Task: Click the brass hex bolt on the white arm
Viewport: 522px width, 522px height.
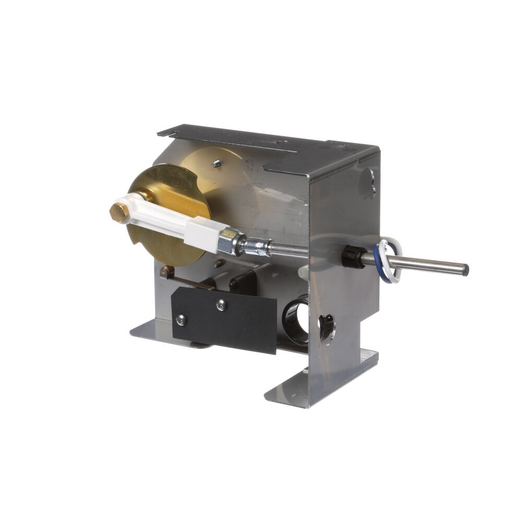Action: (120, 212)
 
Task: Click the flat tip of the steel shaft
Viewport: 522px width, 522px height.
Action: (465, 270)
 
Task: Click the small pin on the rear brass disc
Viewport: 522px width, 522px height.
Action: (215, 163)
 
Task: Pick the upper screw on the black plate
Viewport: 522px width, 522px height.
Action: (221, 303)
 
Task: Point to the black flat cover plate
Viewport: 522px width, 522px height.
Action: (224, 318)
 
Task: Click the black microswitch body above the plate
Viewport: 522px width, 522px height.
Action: (243, 282)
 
